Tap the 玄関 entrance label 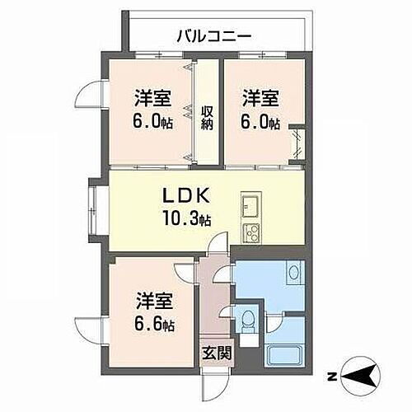[x=212, y=353]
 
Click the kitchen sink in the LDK [x=250, y=204]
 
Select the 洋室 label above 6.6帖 [x=154, y=301]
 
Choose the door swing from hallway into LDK [x=216, y=244]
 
